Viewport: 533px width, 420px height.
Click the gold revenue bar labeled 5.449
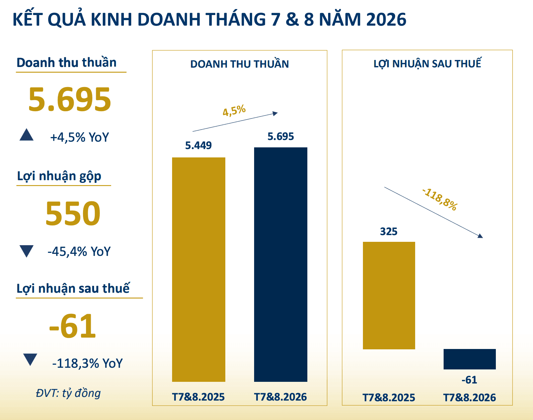[x=199, y=269]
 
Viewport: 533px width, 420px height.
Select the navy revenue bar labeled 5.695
[x=281, y=264]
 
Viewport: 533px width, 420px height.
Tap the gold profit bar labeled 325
[x=389, y=295]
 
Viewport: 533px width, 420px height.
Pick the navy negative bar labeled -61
[x=470, y=359]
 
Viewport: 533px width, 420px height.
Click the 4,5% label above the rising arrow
[x=234, y=111]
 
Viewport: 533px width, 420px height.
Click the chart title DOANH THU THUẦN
[x=239, y=64]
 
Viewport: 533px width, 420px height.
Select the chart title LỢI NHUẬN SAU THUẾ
[x=427, y=63]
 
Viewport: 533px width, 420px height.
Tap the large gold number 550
[x=73, y=213]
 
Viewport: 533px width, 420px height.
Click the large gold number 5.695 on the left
[x=70, y=99]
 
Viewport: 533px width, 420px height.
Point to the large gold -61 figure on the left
[x=72, y=326]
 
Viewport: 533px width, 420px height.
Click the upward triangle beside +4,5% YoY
[x=26, y=135]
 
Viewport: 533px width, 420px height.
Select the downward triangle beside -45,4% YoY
[x=26, y=251]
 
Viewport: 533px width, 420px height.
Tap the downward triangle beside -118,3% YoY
[x=30, y=359]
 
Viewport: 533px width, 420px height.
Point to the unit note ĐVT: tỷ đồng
[x=68, y=393]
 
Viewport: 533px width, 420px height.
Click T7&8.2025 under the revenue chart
[x=199, y=397]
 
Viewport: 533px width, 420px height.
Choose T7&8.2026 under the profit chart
[x=470, y=398]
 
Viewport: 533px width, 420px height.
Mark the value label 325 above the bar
[x=389, y=231]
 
